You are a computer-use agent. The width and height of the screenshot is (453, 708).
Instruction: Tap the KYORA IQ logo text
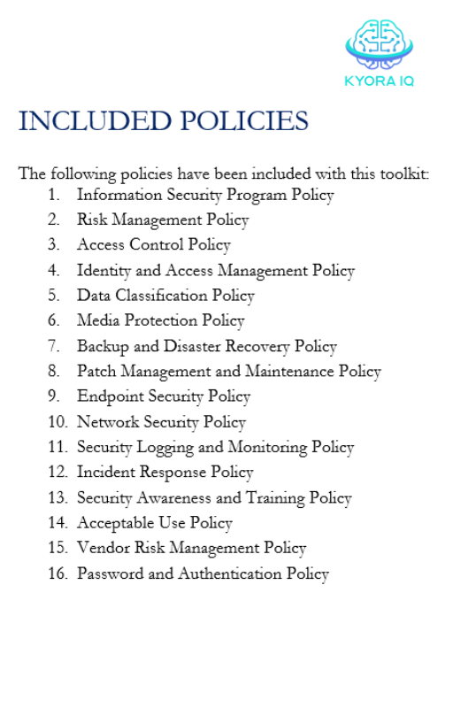coord(379,81)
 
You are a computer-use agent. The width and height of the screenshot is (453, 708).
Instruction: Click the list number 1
coord(54,195)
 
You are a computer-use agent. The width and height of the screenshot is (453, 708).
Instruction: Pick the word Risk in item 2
coord(92,219)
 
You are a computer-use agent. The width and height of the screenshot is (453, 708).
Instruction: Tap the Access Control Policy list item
coord(153,245)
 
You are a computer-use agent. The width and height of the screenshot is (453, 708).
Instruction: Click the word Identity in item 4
coord(103,271)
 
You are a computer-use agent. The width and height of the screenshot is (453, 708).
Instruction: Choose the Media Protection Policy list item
coord(160,321)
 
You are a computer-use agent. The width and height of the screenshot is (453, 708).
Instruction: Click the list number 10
coord(58,422)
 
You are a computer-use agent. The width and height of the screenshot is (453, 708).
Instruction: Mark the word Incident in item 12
coord(106,473)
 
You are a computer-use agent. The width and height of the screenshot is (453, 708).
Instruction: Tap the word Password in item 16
coord(111,574)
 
